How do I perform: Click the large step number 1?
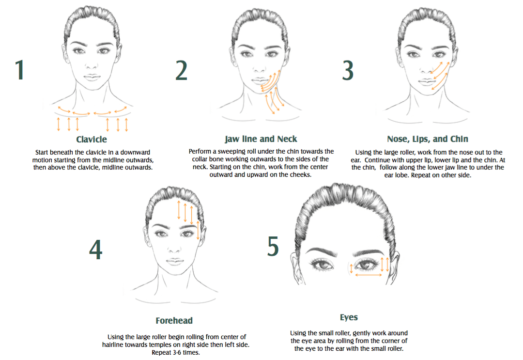click(19, 70)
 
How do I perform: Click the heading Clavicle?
click(92, 140)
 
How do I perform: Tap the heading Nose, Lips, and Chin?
click(428, 140)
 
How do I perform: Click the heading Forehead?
click(174, 321)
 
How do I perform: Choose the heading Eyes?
click(349, 318)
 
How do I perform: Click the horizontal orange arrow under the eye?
click(369, 275)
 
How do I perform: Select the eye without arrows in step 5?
click(321, 265)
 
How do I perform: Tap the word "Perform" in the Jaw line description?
click(200, 152)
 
